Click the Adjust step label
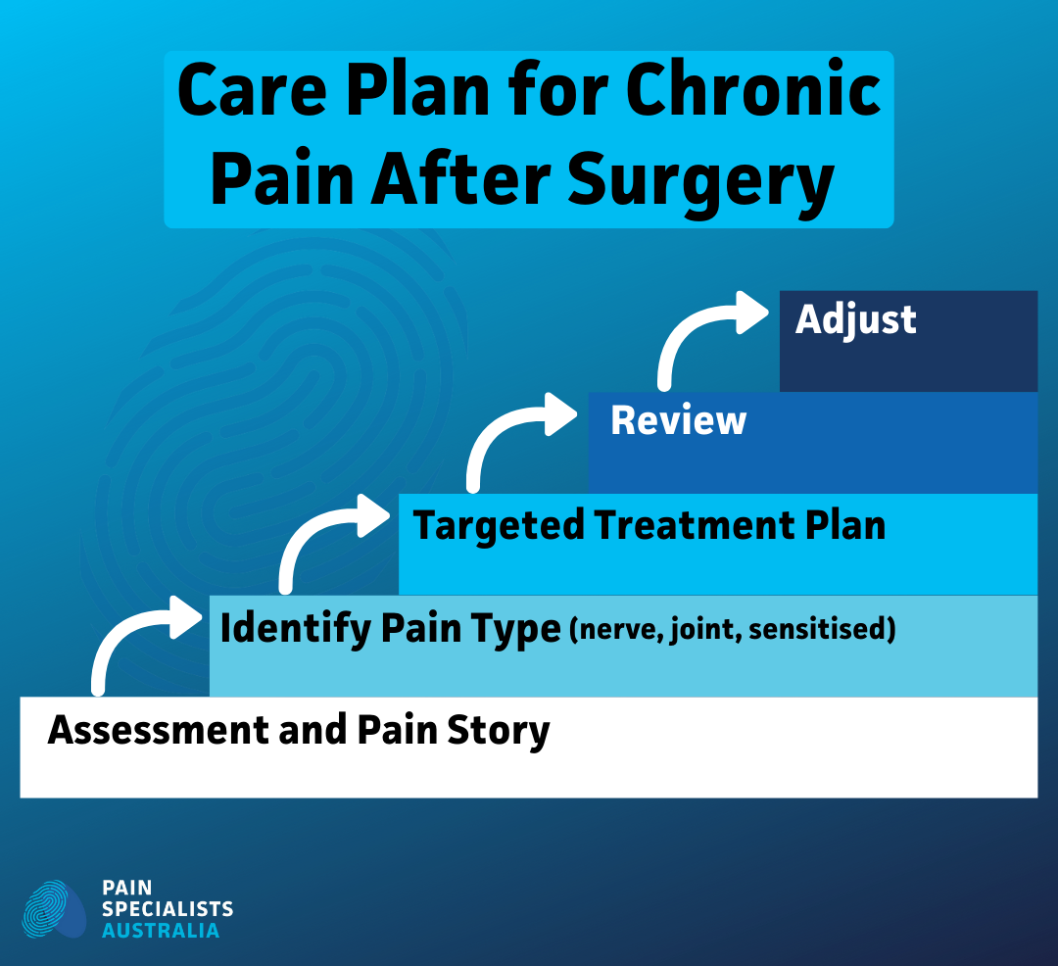[855, 320]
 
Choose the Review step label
[678, 421]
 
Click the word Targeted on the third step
[498, 527]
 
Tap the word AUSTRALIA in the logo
[161, 931]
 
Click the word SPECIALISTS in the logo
[168, 909]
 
